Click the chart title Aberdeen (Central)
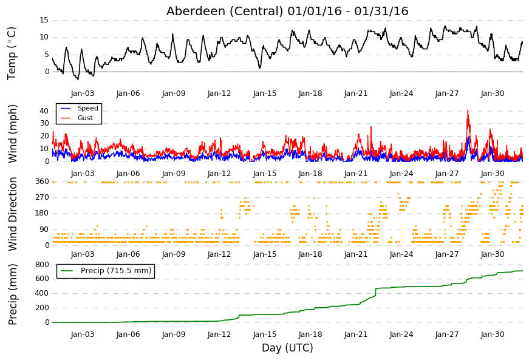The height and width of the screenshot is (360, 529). coord(225,11)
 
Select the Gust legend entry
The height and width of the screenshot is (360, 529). coord(77,118)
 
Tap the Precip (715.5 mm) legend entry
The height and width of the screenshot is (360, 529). coord(106,271)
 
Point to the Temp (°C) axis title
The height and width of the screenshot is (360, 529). coord(12,53)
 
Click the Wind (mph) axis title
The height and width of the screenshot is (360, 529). coord(12,134)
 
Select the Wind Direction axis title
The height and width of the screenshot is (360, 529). coord(12,214)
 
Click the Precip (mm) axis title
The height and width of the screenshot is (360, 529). coord(12,294)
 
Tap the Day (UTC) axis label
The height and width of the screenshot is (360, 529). coord(287,347)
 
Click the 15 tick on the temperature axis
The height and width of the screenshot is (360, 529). coord(44,20)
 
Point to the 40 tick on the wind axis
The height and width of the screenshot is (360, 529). coord(44,111)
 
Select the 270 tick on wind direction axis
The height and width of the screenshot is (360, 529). coord(43,197)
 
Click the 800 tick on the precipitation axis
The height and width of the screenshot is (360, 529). coord(43,264)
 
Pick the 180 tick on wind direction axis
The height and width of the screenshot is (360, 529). coord(43,213)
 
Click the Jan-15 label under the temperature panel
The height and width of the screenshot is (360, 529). coord(265,93)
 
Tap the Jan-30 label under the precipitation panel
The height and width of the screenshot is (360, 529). coord(493,335)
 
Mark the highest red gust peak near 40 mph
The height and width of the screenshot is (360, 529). coord(468,110)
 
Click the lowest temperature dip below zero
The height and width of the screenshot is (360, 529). coord(78,79)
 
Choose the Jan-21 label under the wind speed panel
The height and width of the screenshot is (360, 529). coord(356,174)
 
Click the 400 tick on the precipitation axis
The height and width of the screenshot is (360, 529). coord(43,293)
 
